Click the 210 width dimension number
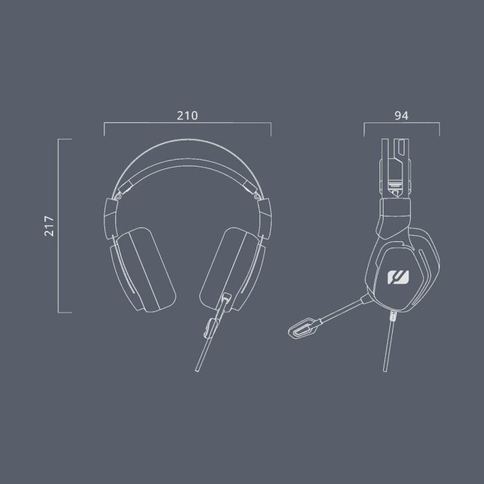click(187, 116)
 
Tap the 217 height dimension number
click(49, 226)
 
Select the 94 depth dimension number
click(401, 116)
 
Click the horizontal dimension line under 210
click(187, 124)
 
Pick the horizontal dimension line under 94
click(401, 124)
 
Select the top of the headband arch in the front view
click(187, 143)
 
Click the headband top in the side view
click(394, 142)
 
